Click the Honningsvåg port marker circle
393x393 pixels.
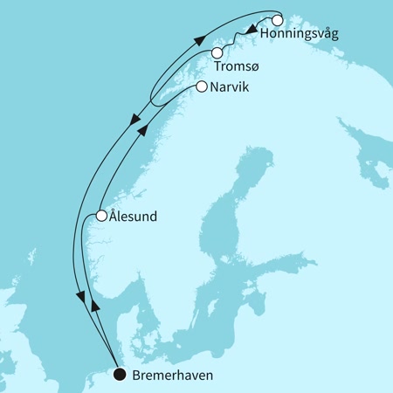pyautogui.click(x=278, y=20)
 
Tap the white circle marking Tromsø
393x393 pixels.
pyautogui.click(x=216, y=54)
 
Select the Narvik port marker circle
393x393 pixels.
pyautogui.click(x=203, y=86)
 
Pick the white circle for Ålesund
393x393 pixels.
pyautogui.click(x=101, y=216)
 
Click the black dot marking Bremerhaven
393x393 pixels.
pyautogui.click(x=119, y=375)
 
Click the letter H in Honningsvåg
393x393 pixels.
pyautogui.click(x=265, y=35)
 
